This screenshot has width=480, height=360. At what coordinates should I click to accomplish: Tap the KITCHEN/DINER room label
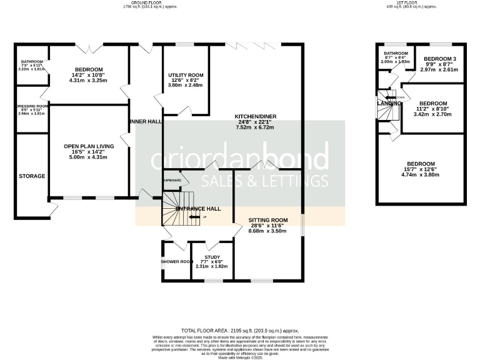tap(255, 116)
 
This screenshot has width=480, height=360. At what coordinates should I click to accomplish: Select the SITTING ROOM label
tap(267, 220)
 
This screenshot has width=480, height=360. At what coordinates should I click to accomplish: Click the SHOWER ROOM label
tap(176, 261)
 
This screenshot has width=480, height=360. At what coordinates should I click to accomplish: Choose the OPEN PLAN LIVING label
tap(89, 146)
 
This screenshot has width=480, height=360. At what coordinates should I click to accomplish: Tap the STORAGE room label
tap(32, 176)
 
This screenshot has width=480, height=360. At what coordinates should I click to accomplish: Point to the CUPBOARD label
tap(172, 181)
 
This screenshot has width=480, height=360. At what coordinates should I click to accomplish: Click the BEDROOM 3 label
tap(439, 58)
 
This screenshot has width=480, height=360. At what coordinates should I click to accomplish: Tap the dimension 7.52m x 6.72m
tap(255, 127)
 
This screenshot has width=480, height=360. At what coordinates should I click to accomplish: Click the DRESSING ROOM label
tap(32, 106)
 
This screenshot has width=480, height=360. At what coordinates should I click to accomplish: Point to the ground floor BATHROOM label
tap(31, 61)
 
